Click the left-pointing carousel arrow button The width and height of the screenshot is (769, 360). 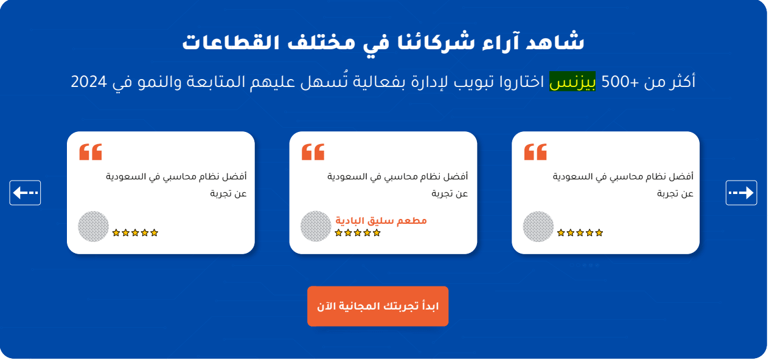point(25,193)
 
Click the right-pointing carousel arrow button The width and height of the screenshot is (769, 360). point(741,193)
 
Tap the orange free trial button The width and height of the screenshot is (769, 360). point(378,306)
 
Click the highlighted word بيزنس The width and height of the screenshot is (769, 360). point(572,81)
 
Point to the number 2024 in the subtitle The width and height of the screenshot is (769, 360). point(89,82)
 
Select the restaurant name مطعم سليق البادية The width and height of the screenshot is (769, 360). point(381,221)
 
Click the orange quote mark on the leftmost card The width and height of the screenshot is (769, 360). point(91,152)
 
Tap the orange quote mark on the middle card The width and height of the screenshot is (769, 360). point(313,152)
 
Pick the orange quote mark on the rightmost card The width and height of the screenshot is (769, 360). point(535,152)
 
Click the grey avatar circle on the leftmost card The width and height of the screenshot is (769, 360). point(93,226)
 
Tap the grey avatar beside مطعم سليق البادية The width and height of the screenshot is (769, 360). point(316,226)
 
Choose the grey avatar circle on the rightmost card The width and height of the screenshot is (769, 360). point(538,226)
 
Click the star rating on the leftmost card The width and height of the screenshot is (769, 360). point(135,233)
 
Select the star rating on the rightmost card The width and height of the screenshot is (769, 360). point(580,233)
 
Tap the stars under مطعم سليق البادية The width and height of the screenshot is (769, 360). point(358,233)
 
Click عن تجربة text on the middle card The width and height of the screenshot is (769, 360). point(450,194)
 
